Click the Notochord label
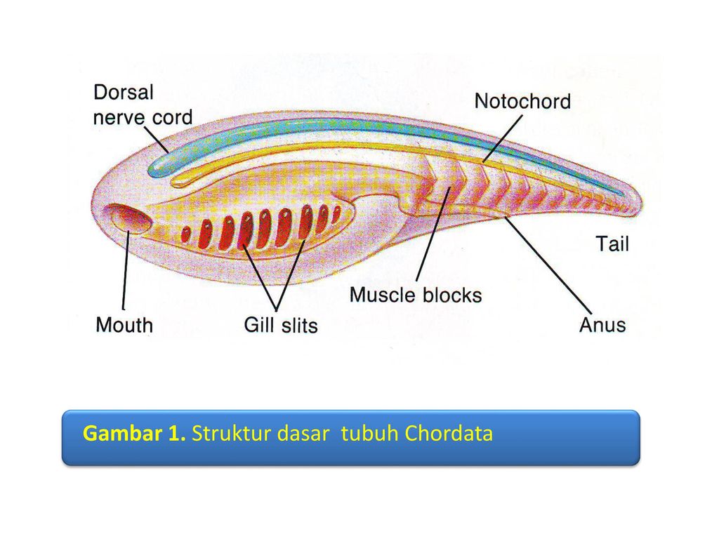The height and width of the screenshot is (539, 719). tap(522, 101)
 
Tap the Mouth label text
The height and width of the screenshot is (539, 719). tap(124, 325)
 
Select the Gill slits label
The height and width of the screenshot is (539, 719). tap(280, 325)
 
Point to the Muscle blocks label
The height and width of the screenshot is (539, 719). tap(416, 294)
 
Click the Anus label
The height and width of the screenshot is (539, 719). tap(602, 325)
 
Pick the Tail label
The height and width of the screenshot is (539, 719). tap(612, 244)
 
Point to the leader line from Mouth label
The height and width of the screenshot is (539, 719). tap(125, 274)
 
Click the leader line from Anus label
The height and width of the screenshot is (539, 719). tap(548, 263)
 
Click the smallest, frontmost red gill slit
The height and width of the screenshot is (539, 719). tap(186, 234)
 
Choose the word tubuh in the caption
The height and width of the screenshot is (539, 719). tap(370, 434)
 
